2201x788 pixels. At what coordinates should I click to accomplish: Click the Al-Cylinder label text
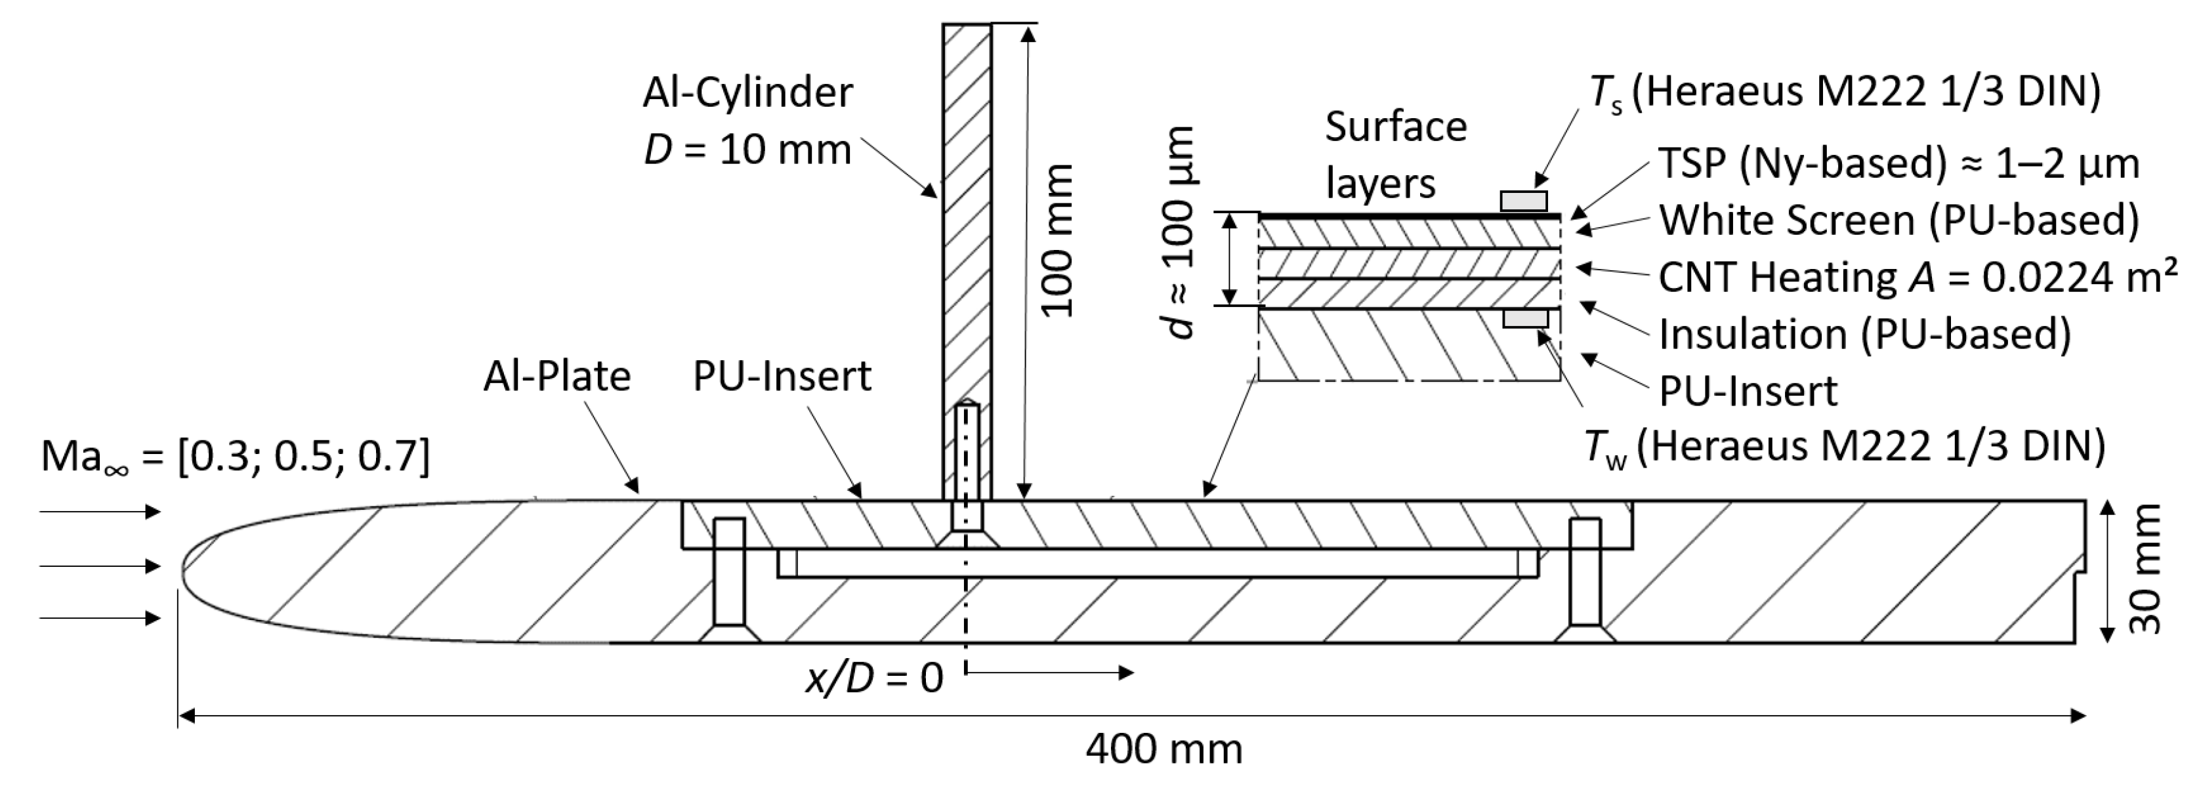click(747, 93)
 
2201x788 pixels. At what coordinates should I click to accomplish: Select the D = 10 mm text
click(747, 150)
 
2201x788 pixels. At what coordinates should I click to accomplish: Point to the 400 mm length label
click(1163, 749)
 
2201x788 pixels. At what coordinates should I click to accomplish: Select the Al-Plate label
click(556, 377)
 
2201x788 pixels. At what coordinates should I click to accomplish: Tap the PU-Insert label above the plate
click(781, 377)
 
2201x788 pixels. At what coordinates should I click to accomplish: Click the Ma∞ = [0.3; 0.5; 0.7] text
click(235, 457)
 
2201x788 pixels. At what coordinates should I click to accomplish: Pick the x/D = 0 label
click(874, 678)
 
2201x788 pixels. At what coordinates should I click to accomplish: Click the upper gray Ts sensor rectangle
click(1523, 201)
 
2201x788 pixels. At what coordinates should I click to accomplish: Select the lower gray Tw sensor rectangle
click(1525, 319)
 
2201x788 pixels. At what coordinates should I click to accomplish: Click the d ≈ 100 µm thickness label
click(1183, 232)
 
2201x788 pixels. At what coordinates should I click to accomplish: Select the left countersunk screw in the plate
click(729, 582)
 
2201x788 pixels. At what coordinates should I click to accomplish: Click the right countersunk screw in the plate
click(1584, 582)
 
